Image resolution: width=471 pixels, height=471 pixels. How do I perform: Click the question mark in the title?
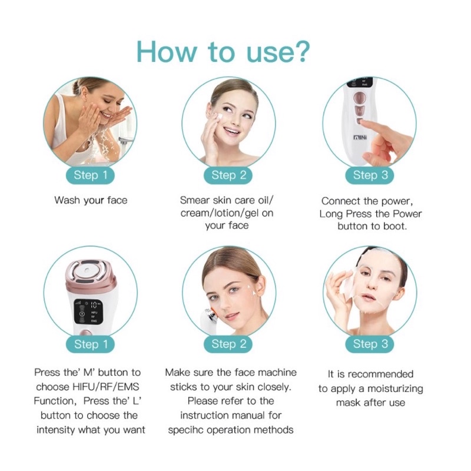click(x=298, y=52)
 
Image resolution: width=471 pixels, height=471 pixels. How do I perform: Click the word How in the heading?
click(x=166, y=52)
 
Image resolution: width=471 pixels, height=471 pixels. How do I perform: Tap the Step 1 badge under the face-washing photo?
click(x=91, y=175)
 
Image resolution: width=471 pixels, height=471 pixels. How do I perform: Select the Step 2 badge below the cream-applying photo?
click(x=228, y=175)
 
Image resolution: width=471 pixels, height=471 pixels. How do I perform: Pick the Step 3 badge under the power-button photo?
click(x=370, y=175)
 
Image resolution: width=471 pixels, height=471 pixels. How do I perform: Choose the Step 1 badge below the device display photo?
click(x=91, y=344)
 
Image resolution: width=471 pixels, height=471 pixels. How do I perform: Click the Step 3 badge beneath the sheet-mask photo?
click(x=370, y=344)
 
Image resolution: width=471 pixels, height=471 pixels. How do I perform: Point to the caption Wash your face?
click(x=91, y=200)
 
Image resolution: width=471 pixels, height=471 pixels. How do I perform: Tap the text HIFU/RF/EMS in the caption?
click(x=106, y=387)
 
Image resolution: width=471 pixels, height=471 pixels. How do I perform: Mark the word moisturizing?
click(x=395, y=389)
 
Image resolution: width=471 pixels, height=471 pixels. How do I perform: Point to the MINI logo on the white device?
click(x=360, y=137)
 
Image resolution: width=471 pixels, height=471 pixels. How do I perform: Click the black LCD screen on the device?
click(x=87, y=311)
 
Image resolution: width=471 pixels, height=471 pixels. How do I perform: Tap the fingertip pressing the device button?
click(x=364, y=123)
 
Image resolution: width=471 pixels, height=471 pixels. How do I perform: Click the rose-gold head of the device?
click(x=91, y=274)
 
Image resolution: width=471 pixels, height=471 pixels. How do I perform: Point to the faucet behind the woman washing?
click(x=125, y=141)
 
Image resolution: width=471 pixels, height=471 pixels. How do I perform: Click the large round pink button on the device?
click(x=360, y=98)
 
